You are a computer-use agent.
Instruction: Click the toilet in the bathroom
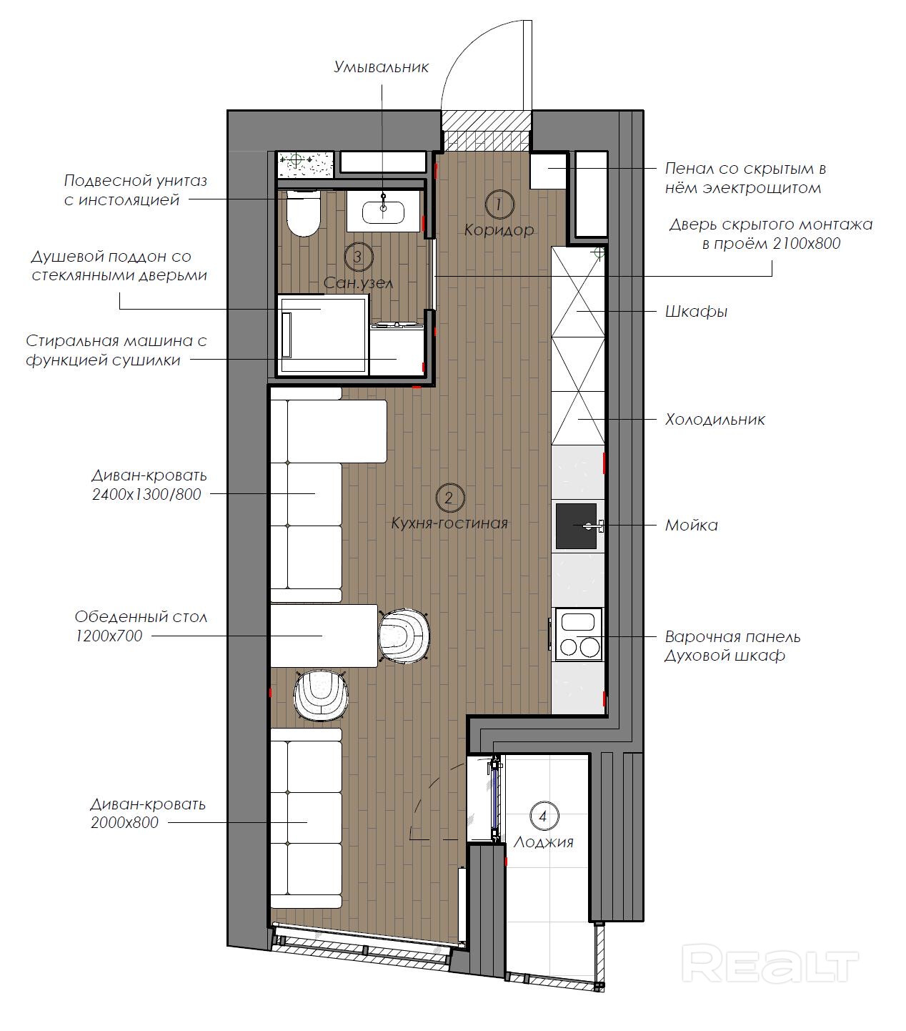303,213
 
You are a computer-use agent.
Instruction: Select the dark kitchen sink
576,526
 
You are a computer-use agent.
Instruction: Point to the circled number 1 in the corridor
499,204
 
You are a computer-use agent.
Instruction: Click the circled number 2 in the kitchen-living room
449,498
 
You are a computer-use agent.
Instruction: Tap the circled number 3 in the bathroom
358,257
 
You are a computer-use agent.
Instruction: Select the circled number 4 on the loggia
544,817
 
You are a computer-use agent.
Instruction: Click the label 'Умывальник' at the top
381,67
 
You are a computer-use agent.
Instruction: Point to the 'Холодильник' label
715,420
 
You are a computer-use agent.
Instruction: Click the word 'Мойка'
692,526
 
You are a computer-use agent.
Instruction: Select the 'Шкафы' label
696,312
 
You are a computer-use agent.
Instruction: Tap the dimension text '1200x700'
109,636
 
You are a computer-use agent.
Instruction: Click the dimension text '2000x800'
124,823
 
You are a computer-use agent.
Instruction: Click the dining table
324,636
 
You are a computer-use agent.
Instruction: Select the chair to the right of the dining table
404,636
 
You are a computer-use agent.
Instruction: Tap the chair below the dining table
321,695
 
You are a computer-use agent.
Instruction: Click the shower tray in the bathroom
322,335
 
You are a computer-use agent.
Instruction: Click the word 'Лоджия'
543,843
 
